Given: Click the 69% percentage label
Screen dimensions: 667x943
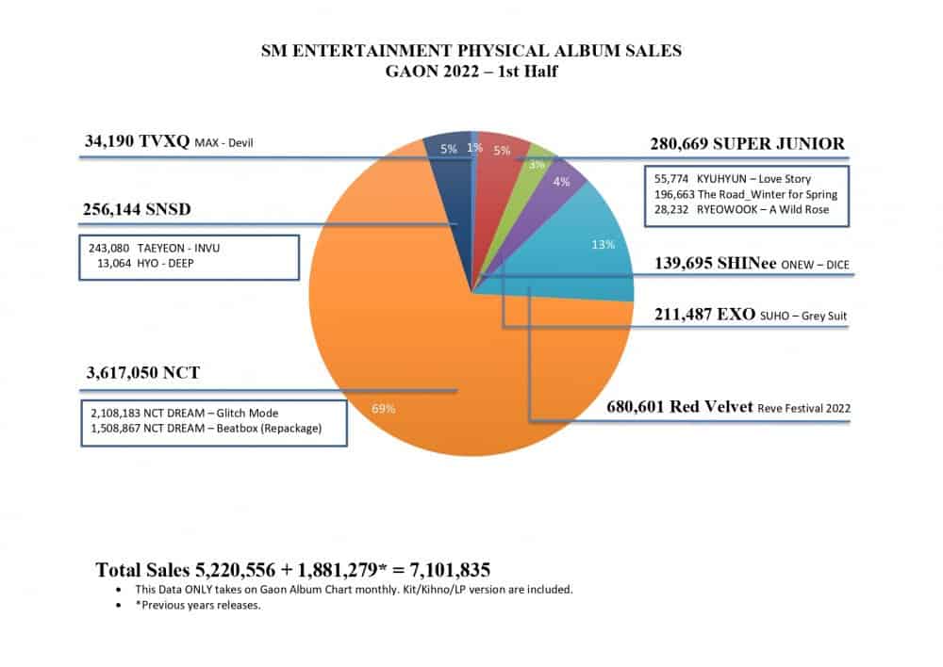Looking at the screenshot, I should point(383,409).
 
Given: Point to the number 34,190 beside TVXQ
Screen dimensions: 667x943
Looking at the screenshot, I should point(109,144).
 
